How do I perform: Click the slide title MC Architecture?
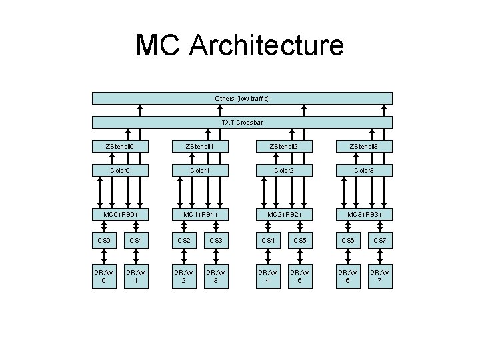(240, 45)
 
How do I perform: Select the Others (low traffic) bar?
(242, 99)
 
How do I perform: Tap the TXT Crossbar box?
(242, 123)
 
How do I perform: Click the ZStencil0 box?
(121, 146)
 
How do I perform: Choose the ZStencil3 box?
(364, 146)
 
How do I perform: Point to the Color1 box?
(199, 170)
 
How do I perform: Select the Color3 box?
(364, 170)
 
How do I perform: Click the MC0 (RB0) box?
(121, 215)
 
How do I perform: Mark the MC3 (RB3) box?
(364, 215)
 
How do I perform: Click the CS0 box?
(104, 239)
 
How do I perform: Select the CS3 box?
(216, 239)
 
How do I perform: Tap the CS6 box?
(347, 239)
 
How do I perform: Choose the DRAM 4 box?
(269, 277)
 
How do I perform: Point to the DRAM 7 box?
(381, 277)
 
